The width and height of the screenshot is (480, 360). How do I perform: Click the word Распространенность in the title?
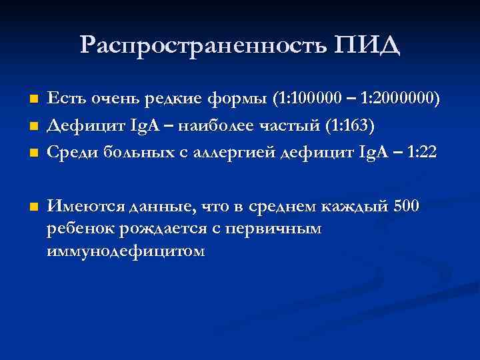(x=201, y=45)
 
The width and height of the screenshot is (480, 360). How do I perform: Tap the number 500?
(x=407, y=206)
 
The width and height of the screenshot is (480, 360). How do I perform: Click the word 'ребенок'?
(x=76, y=229)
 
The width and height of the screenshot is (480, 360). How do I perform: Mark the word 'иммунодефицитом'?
(x=126, y=251)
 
